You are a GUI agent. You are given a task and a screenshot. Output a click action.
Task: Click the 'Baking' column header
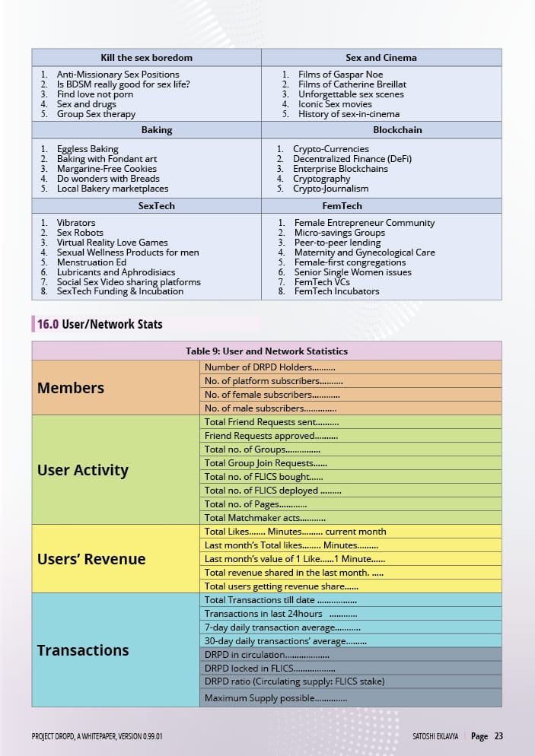point(157,130)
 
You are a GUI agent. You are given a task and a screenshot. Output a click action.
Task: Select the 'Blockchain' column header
point(396,130)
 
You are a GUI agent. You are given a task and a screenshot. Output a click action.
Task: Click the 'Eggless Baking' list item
point(88,149)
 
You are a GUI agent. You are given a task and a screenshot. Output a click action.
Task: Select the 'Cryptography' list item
point(321,179)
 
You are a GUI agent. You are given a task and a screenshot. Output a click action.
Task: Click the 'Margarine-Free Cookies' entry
point(107,169)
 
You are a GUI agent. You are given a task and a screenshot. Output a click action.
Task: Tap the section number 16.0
point(48,324)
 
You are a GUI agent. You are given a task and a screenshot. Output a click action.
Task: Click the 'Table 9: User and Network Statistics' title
point(266,351)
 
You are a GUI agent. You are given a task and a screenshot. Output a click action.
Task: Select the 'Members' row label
point(71,388)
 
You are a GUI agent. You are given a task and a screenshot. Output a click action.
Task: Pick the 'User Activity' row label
point(82,470)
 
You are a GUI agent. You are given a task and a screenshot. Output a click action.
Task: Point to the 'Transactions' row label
point(83,650)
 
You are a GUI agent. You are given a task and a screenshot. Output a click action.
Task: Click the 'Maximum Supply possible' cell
point(275,698)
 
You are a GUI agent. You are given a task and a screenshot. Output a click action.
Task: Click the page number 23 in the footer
point(498,736)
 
